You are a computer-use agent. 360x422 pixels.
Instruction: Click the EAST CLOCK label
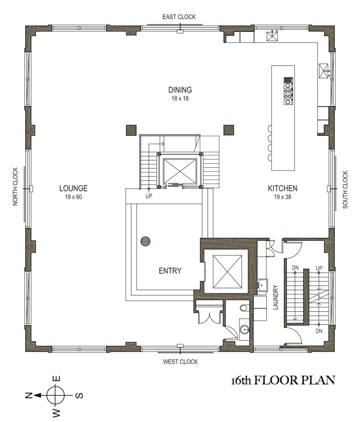[179, 17]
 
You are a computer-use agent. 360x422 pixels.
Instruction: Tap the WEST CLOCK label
[180, 362]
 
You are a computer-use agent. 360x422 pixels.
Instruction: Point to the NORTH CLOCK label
[15, 186]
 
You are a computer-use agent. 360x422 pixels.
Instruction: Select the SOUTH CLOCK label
[345, 189]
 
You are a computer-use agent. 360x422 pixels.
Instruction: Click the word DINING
[180, 90]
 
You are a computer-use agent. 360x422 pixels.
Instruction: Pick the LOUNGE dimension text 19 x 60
[73, 197]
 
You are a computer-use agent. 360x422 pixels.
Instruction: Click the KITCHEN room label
[282, 188]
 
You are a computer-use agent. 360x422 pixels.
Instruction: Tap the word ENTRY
[170, 271]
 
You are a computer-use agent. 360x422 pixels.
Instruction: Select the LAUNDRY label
[276, 297]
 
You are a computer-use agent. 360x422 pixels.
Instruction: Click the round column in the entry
[145, 241]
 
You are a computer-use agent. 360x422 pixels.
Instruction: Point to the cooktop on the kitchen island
[288, 91]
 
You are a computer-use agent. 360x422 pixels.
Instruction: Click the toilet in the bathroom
[244, 308]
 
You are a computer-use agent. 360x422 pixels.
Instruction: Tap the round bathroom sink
[245, 329]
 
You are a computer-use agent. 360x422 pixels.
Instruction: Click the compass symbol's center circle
[56, 396]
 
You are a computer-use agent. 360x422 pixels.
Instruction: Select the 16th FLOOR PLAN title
[283, 380]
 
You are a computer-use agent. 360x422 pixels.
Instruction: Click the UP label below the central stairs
[149, 196]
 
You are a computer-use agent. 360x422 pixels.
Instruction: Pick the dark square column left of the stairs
[131, 130]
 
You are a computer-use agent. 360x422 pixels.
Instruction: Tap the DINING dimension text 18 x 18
[180, 98]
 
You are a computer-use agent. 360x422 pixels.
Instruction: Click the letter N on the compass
[28, 395]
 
